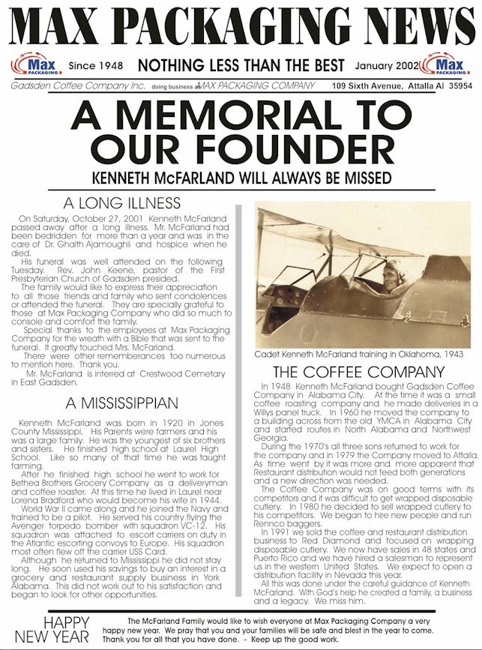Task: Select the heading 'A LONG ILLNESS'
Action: (132, 203)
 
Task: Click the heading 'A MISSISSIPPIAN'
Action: (132, 403)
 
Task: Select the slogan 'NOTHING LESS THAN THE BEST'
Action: (240, 66)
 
